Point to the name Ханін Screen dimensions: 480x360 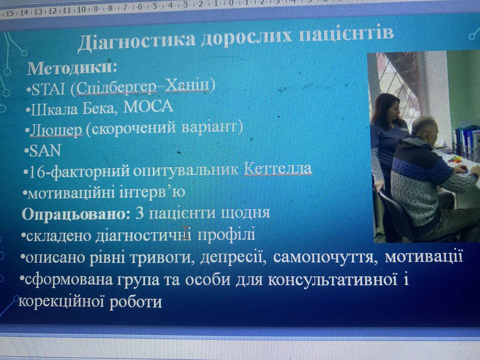(x=187, y=87)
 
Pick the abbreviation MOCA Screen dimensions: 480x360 (x=148, y=106)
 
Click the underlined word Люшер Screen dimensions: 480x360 (x=56, y=130)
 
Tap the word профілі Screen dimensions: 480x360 (x=226, y=235)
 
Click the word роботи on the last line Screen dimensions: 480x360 (x=136, y=302)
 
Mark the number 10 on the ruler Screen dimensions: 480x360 (x=81, y=10)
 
